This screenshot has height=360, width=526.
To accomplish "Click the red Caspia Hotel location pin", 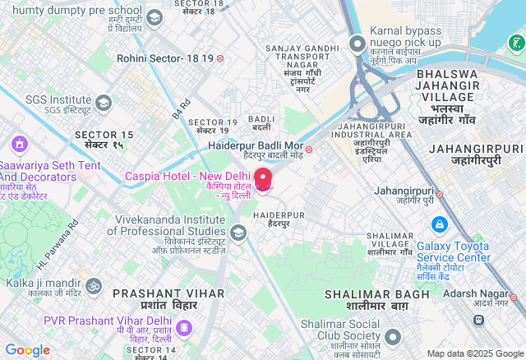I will point(263,179).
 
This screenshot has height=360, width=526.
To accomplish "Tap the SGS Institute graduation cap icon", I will point(103,103).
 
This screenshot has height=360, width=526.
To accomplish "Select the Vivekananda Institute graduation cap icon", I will point(238,233).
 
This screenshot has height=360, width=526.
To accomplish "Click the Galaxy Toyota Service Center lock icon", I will point(439,224).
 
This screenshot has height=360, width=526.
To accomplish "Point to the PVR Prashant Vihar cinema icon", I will point(183,330).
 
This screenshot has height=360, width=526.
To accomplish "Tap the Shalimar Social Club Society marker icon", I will point(393,337).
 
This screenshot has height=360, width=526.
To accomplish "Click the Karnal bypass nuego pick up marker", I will point(357,43).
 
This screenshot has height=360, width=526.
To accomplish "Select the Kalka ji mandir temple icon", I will point(94,286).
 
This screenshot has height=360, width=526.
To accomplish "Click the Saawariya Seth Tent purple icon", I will point(19,144).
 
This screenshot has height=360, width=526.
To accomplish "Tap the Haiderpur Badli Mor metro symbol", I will point(309,149).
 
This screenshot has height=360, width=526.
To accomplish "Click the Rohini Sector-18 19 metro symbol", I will point(220,59).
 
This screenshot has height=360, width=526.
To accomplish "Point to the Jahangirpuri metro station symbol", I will point(439,195).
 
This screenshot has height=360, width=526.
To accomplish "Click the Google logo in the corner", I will point(27,350).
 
